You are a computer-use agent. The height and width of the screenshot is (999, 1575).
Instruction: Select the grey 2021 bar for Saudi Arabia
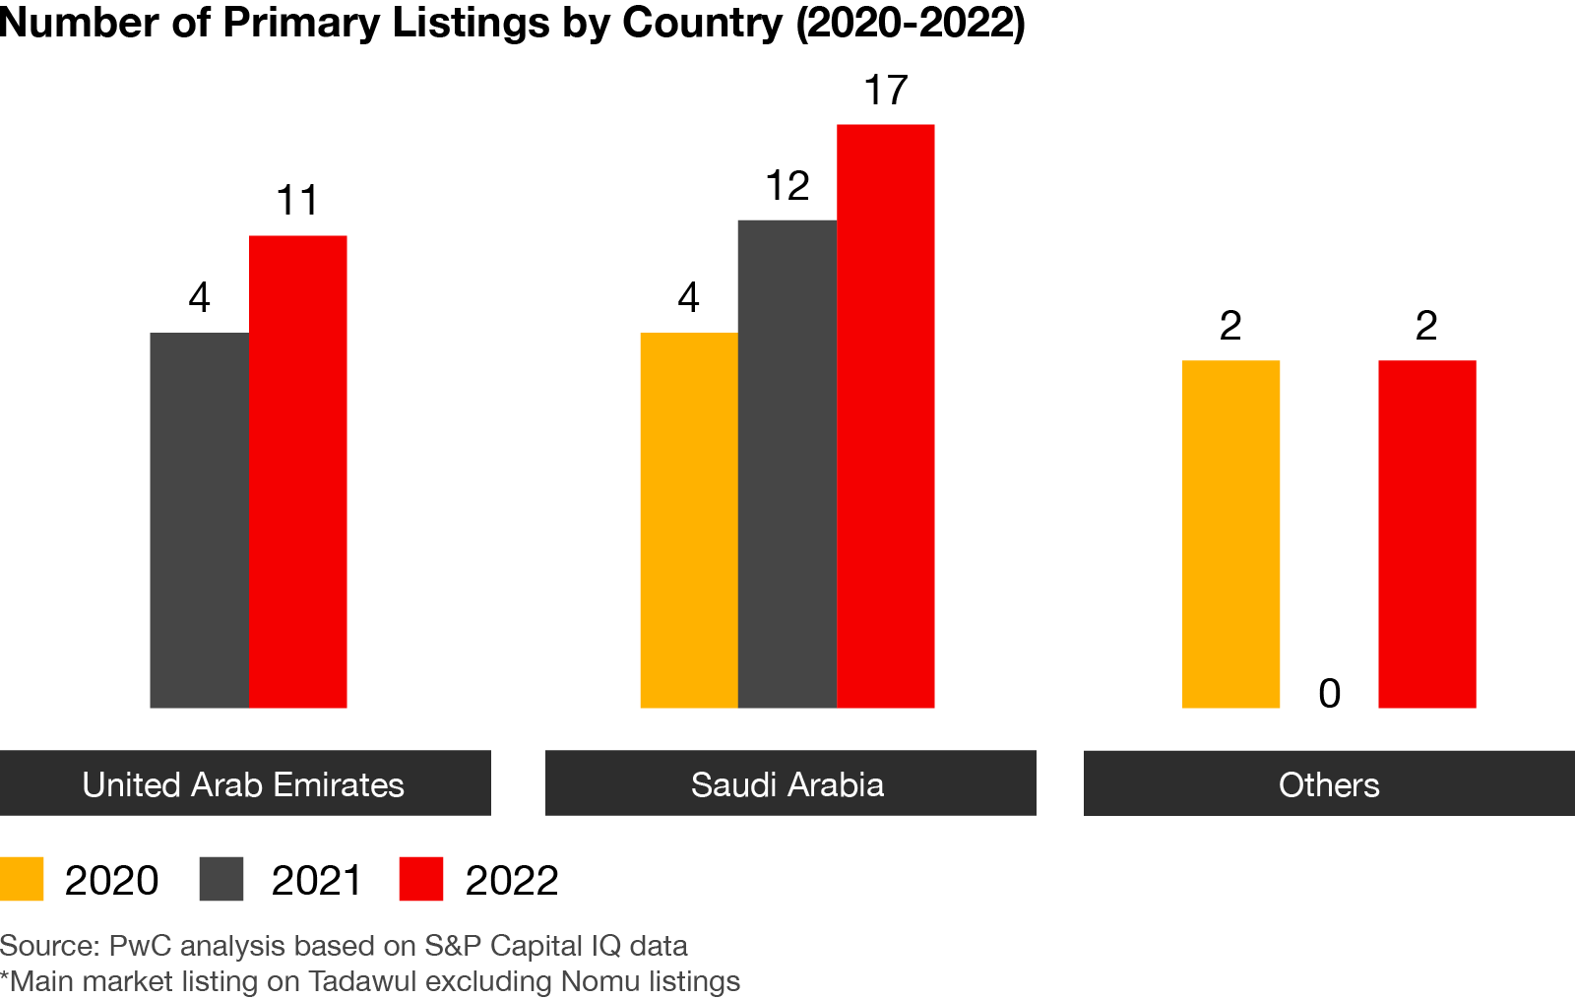pyautogui.click(x=787, y=463)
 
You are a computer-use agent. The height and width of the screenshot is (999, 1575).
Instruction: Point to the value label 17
pyautogui.click(x=886, y=91)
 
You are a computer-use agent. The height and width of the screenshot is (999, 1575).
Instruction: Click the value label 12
pyautogui.click(x=787, y=186)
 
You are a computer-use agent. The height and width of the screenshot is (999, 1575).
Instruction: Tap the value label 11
pyautogui.click(x=297, y=201)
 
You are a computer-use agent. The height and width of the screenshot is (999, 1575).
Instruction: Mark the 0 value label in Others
pyautogui.click(x=1329, y=694)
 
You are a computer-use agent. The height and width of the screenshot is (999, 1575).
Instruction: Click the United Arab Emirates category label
pyautogui.click(x=243, y=784)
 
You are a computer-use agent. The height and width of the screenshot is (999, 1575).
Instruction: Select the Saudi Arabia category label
pyautogui.click(x=787, y=784)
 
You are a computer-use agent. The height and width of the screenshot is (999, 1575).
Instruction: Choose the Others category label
pyautogui.click(x=1329, y=784)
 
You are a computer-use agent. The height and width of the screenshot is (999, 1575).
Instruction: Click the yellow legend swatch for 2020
pyautogui.click(x=22, y=879)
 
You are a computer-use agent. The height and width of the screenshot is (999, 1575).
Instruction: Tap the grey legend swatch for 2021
pyautogui.click(x=221, y=879)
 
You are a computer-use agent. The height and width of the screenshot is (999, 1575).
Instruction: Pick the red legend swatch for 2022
pyautogui.click(x=421, y=879)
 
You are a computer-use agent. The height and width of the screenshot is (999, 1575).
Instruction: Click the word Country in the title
pyautogui.click(x=702, y=23)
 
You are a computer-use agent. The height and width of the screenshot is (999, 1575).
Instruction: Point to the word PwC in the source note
pyautogui.click(x=140, y=946)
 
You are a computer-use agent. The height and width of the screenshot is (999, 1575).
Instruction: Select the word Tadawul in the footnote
pyautogui.click(x=362, y=981)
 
